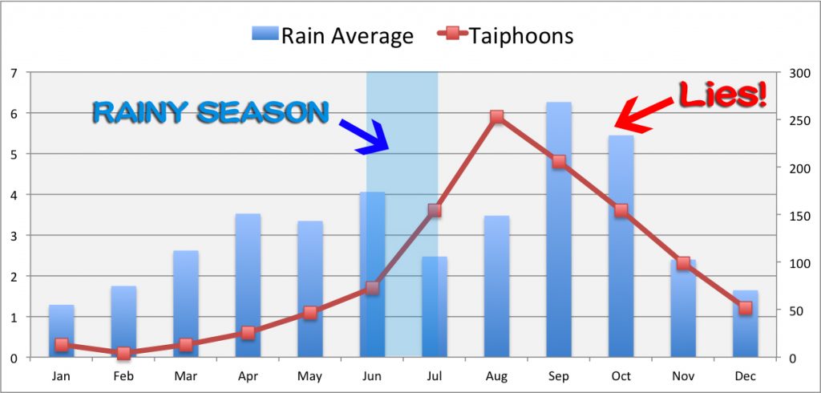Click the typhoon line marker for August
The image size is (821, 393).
coord(496,117)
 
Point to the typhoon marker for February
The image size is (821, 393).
coord(123,353)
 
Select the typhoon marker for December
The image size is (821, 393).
coord(745,308)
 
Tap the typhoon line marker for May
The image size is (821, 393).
coord(310,313)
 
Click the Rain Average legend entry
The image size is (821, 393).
coord(333,35)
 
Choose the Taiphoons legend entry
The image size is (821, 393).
coord(504,35)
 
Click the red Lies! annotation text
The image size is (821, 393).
coord(722,95)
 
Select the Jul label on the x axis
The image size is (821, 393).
coord(435,375)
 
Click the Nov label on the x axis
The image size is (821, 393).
coord(683,375)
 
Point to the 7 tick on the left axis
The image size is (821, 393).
coord(14,73)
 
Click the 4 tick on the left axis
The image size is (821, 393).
coord(14,195)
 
